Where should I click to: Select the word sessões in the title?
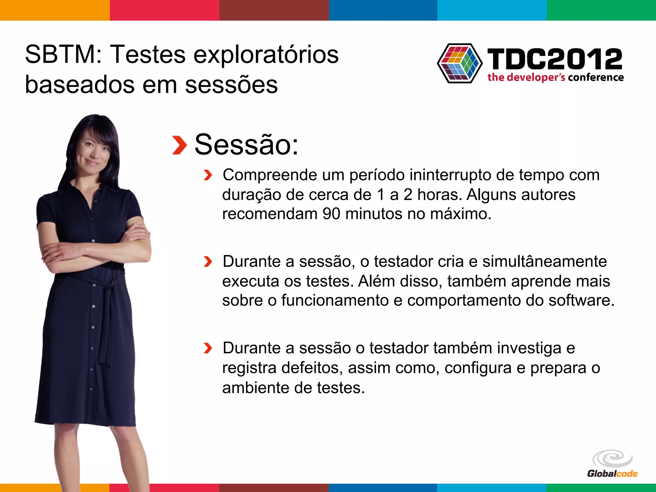(x=231, y=85)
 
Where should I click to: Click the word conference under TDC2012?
(x=596, y=78)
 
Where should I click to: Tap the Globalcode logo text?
(x=612, y=474)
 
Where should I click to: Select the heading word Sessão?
(x=246, y=145)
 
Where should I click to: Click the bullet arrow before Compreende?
(x=208, y=175)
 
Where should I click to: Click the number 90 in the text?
(x=331, y=214)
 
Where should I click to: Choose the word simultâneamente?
(x=544, y=262)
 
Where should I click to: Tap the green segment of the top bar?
(x=601, y=10)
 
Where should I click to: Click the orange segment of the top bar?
(x=55, y=10)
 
